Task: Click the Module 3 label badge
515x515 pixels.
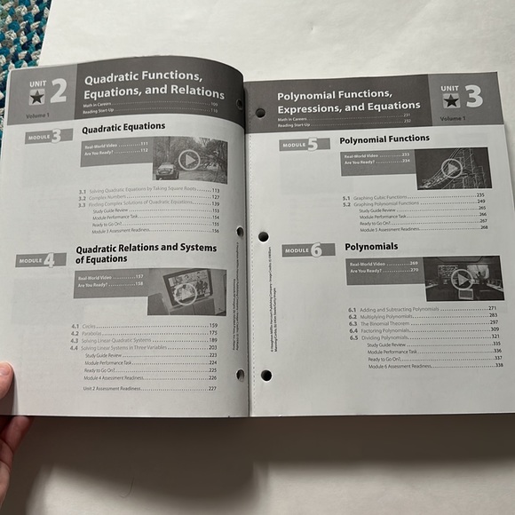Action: tap(44, 136)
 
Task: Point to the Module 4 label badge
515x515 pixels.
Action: tap(40, 259)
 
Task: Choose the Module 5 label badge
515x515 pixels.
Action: tap(298, 144)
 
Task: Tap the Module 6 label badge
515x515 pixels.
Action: tap(303, 250)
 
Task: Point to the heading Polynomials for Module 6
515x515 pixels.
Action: tap(371, 246)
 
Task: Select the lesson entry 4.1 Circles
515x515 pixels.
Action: tap(93, 327)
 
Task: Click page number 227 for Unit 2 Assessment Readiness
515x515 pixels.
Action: tap(212, 388)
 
